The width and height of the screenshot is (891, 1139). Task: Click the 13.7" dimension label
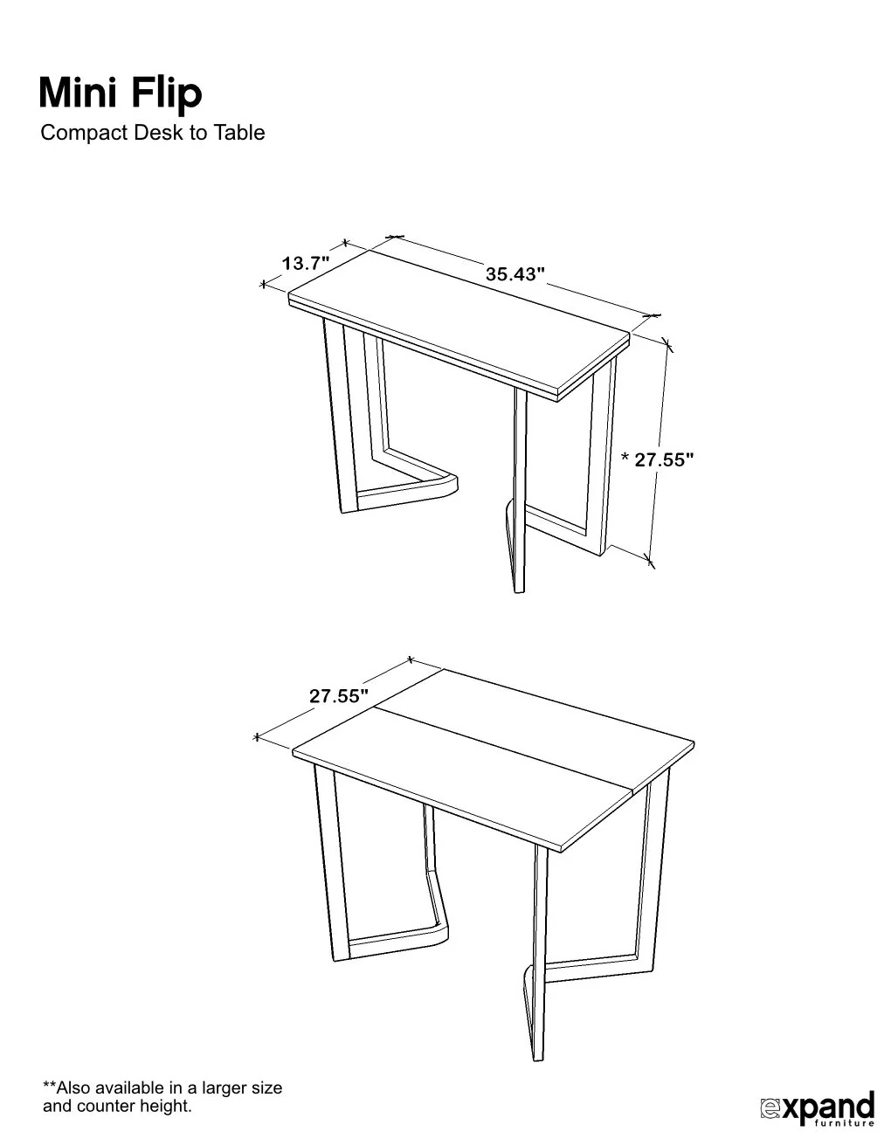(x=305, y=262)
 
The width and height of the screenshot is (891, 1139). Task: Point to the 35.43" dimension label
(x=515, y=273)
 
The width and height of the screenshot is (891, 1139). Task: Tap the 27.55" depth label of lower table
(x=338, y=696)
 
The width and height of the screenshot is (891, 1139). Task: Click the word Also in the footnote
(x=73, y=1088)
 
